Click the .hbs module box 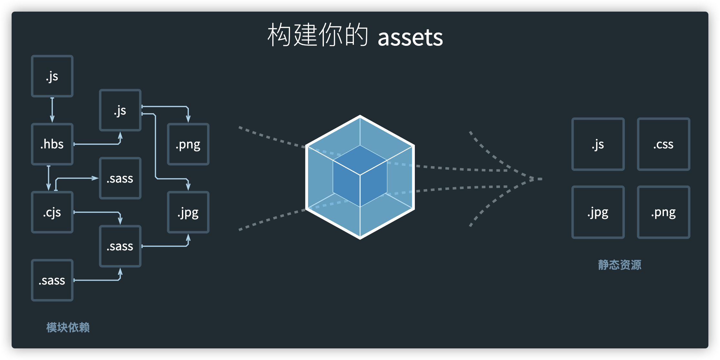(x=52, y=144)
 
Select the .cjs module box (x=52, y=212)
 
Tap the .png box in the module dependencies (x=188, y=144)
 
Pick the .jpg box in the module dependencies (x=188, y=212)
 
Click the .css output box (x=663, y=144)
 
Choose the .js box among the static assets (x=598, y=144)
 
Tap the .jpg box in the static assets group (x=598, y=212)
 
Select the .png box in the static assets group (x=663, y=212)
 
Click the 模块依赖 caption (x=68, y=327)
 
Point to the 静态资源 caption (x=619, y=265)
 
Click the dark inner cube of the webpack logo (x=360, y=176)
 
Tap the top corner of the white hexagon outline (x=360, y=116)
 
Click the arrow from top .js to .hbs (x=52, y=110)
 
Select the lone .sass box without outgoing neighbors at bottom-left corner (x=52, y=280)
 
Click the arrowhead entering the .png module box (x=188, y=119)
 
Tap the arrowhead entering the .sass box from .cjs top (x=95, y=178)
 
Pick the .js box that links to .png (x=120, y=110)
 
